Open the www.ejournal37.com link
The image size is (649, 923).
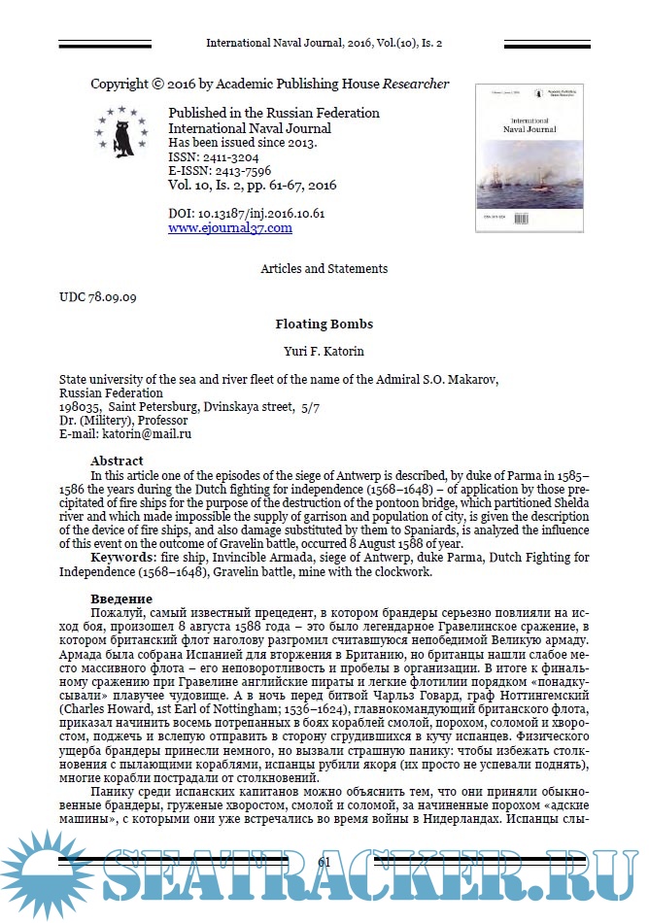tap(230, 228)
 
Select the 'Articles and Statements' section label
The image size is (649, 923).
tap(324, 268)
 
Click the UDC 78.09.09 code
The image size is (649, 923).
tap(98, 294)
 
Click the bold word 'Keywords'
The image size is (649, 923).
tap(125, 558)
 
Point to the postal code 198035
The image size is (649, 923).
tap(80, 407)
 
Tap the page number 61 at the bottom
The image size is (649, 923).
tap(324, 862)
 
